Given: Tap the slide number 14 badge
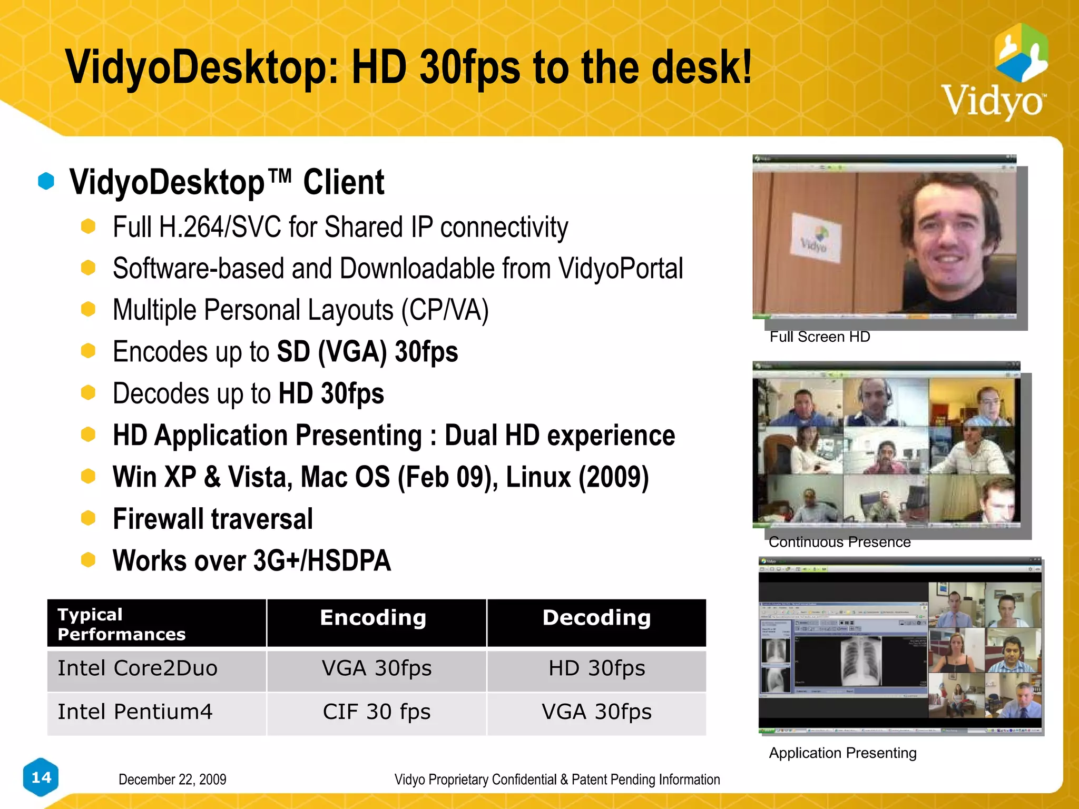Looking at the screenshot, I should click(x=41, y=777).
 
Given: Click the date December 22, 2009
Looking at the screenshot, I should click(x=172, y=780).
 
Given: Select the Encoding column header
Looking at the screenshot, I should click(x=373, y=618).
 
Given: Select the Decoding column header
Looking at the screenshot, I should click(x=596, y=618).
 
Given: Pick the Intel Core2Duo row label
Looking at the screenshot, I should click(x=138, y=668).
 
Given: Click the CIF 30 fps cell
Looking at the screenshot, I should click(x=377, y=712).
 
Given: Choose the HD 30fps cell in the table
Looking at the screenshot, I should click(x=596, y=668).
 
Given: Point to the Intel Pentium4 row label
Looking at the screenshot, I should click(x=135, y=712).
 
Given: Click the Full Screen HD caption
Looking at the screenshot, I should click(x=820, y=337).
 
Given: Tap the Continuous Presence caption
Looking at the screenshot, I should click(x=839, y=542).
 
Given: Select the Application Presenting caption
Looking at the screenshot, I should click(x=842, y=753).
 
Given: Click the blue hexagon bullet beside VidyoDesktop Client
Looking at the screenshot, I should click(x=46, y=181).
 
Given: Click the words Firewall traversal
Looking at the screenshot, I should click(x=213, y=519).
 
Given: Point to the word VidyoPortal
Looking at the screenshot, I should click(x=621, y=269).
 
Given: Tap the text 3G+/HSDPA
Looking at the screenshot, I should click(x=322, y=561).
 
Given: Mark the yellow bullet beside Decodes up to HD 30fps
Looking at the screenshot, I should click(x=88, y=392).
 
